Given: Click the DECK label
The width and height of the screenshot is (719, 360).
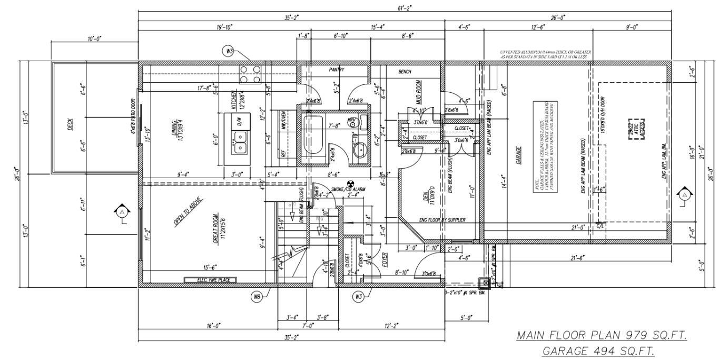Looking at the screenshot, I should (71, 124).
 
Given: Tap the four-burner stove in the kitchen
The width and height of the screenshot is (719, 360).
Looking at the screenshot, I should (251, 74).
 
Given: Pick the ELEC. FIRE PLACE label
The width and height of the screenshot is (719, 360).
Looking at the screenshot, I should (210, 280).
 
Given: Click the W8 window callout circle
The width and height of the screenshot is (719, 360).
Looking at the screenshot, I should (257, 297).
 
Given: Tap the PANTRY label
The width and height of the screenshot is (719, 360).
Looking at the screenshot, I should (337, 70).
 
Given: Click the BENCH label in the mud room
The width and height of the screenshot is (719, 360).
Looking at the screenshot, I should (405, 72).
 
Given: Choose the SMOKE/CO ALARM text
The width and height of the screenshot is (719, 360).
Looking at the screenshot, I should (348, 189).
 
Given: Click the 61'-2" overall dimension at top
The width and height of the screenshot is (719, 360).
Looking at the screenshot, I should (405, 7).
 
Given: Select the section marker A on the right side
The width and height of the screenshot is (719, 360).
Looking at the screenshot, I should (684, 195).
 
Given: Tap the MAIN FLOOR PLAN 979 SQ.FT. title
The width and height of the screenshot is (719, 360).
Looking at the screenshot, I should (602, 335).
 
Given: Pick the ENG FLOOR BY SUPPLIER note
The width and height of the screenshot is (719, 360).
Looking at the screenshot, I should (442, 220).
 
